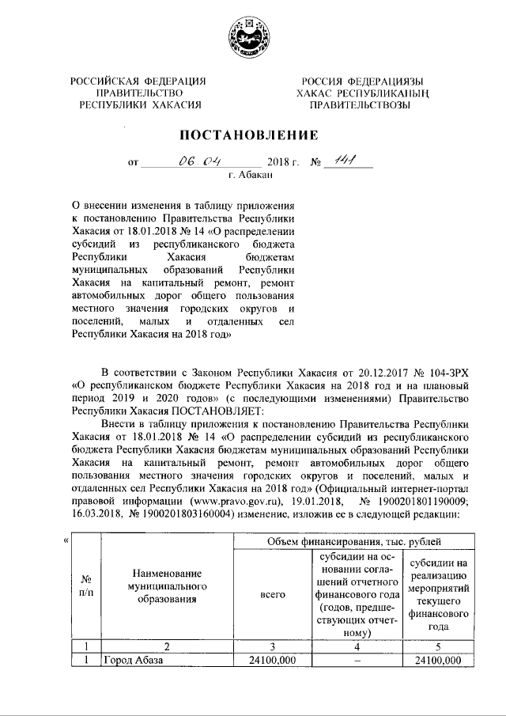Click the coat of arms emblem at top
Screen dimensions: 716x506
(x=252, y=36)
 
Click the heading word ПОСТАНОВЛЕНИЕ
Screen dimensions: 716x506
(x=252, y=134)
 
